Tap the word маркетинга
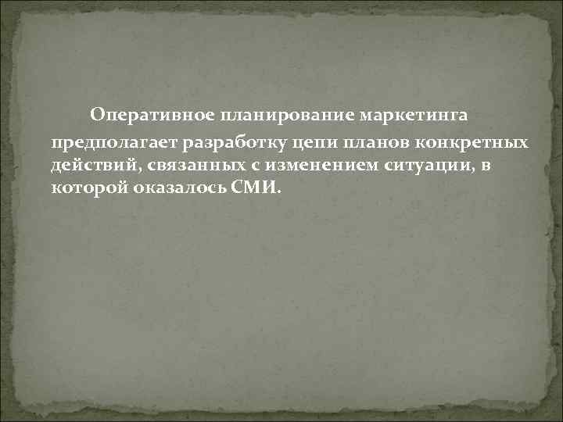tap(416, 116)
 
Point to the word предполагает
tap(115, 143)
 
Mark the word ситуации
tap(418, 166)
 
